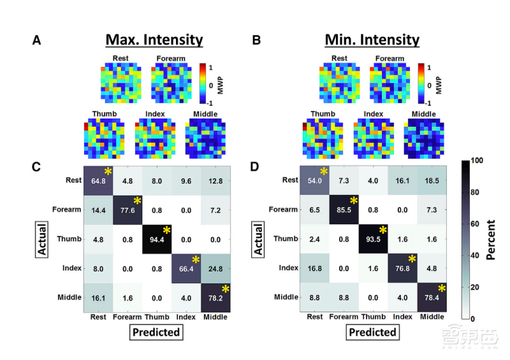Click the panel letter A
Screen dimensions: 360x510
pos(37,41)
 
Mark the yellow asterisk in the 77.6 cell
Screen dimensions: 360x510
pos(138,201)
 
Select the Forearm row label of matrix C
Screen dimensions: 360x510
pos(66,209)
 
